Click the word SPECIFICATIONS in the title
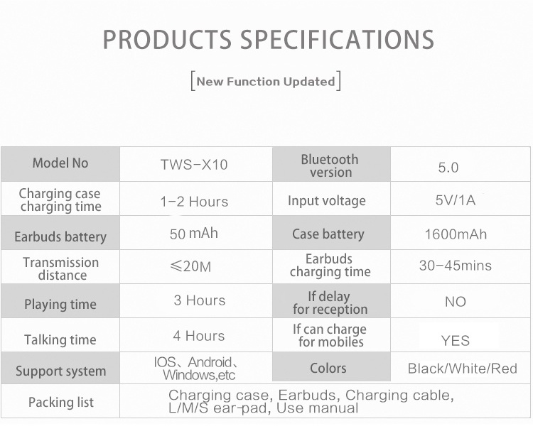point(337,39)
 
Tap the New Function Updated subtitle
point(266,82)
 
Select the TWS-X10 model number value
point(194,165)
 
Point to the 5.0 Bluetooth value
point(448,168)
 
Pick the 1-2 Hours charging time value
point(194,202)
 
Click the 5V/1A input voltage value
point(456,200)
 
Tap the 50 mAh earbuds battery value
point(194,234)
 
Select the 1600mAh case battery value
point(456,234)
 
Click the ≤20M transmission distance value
point(190,266)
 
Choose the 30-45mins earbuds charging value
point(456,266)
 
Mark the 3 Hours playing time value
point(200,300)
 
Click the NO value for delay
point(456,302)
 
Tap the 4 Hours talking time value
point(199,336)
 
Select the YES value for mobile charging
point(456,341)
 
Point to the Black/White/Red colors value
point(463,369)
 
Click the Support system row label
point(61,371)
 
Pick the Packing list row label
point(61,403)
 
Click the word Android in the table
point(210,362)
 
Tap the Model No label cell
point(60,163)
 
